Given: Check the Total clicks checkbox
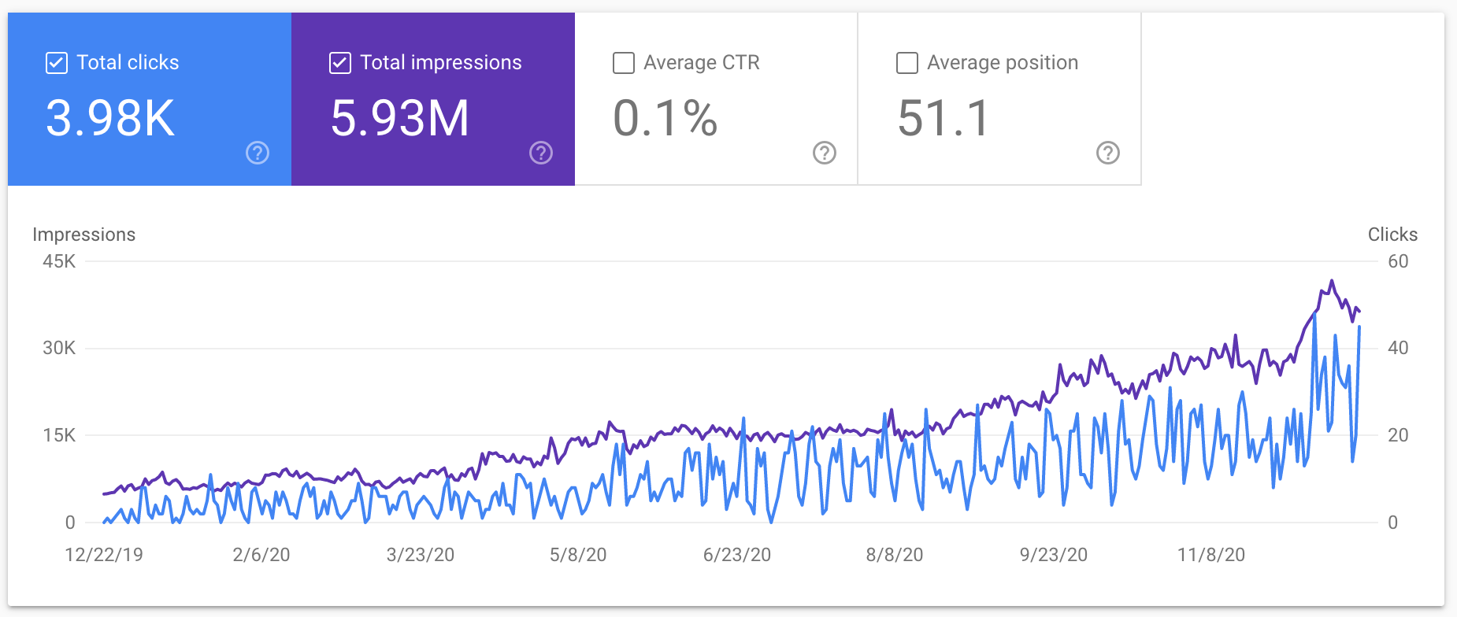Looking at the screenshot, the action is point(57,63).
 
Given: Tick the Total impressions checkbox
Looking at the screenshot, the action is point(340,63).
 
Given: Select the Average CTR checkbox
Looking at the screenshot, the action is point(624,63).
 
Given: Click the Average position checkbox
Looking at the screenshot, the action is point(907,63).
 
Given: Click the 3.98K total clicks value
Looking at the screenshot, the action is point(110,118).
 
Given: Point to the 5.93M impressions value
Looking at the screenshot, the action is point(400,118).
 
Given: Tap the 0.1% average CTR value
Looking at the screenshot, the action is point(665,118).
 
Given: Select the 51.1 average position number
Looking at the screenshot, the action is point(944,118).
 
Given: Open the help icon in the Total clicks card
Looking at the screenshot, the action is point(258,153).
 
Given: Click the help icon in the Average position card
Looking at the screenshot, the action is point(1108,153).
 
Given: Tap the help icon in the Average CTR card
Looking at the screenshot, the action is point(825,153).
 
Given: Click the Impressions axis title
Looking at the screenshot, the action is point(83,235).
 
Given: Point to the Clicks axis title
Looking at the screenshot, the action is point(1392,235).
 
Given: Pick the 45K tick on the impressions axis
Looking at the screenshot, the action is point(59,261).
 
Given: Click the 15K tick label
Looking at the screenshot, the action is point(59,435).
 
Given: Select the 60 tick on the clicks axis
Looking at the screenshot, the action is point(1398,261).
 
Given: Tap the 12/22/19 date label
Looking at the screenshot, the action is point(104,555).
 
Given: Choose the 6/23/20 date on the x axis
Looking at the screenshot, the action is point(737,555).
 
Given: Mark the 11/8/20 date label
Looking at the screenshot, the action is point(1211,555).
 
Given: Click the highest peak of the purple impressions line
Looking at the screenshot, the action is point(1332,280).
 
